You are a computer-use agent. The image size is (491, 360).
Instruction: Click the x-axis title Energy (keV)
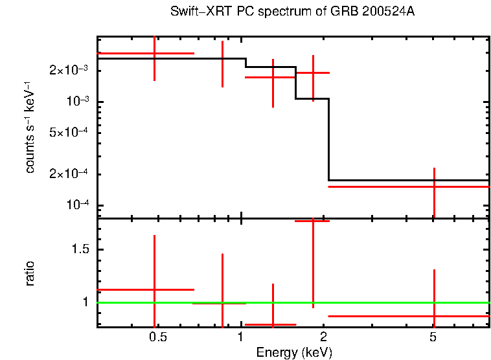pyautogui.click(x=294, y=352)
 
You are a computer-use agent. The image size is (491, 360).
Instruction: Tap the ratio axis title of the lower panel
pyautogui.click(x=30, y=273)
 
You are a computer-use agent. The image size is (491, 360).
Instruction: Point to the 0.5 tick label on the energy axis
pyautogui.click(x=157, y=338)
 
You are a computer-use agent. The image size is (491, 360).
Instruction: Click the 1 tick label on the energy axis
pyautogui.click(x=240, y=338)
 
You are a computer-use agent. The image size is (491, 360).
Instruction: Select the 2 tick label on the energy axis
pyautogui.click(x=324, y=338)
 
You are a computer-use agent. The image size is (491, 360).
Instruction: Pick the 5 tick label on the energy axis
pyautogui.click(x=433, y=338)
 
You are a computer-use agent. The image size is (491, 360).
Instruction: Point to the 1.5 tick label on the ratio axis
pyautogui.click(x=81, y=250)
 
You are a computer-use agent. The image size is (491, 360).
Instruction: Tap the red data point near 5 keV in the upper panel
pyautogui.click(x=434, y=186)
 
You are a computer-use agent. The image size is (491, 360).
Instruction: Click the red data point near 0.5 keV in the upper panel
pyautogui.click(x=154, y=54)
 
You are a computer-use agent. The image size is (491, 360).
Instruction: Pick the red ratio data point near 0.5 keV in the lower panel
pyautogui.click(x=154, y=289)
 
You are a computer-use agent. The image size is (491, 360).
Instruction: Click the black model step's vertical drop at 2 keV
pyautogui.click(x=329, y=139)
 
